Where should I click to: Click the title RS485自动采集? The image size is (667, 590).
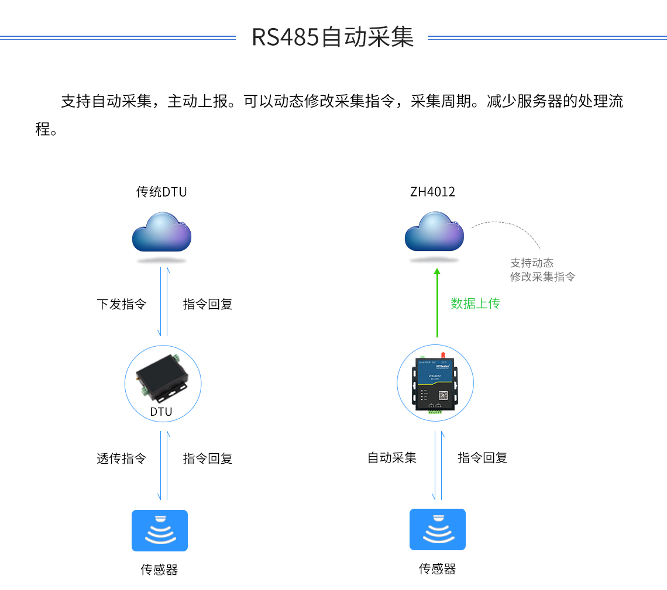click(332, 37)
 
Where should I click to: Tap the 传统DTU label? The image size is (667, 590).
click(161, 192)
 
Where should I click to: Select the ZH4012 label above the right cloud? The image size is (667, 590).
click(433, 192)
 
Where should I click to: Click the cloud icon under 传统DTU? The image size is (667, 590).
click(161, 232)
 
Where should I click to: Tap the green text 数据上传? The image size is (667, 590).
click(475, 303)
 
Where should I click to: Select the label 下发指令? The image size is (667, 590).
click(121, 304)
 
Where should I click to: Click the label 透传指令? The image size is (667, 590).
click(121, 458)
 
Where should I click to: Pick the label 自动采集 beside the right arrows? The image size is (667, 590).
click(392, 458)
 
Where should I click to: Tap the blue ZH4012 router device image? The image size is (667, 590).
click(435, 383)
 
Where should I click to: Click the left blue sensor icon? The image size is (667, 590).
click(160, 530)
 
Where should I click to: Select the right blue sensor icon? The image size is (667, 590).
click(437, 529)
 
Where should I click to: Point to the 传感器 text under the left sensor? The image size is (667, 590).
click(159, 570)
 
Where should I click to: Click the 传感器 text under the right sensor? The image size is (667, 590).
click(437, 568)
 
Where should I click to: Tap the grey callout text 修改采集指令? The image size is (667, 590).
click(542, 277)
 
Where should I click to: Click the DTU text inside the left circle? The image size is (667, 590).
click(161, 412)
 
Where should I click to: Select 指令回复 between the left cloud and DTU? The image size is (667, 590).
click(208, 304)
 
